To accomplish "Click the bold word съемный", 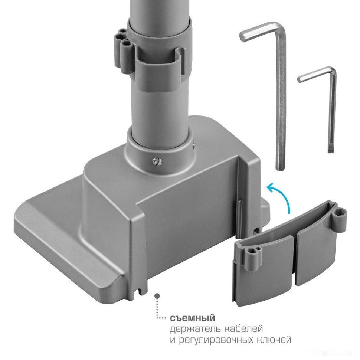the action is click(192, 318).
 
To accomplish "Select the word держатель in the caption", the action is click(195, 329).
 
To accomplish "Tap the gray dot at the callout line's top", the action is click(157, 296).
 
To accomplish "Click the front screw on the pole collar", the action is click(157, 162).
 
